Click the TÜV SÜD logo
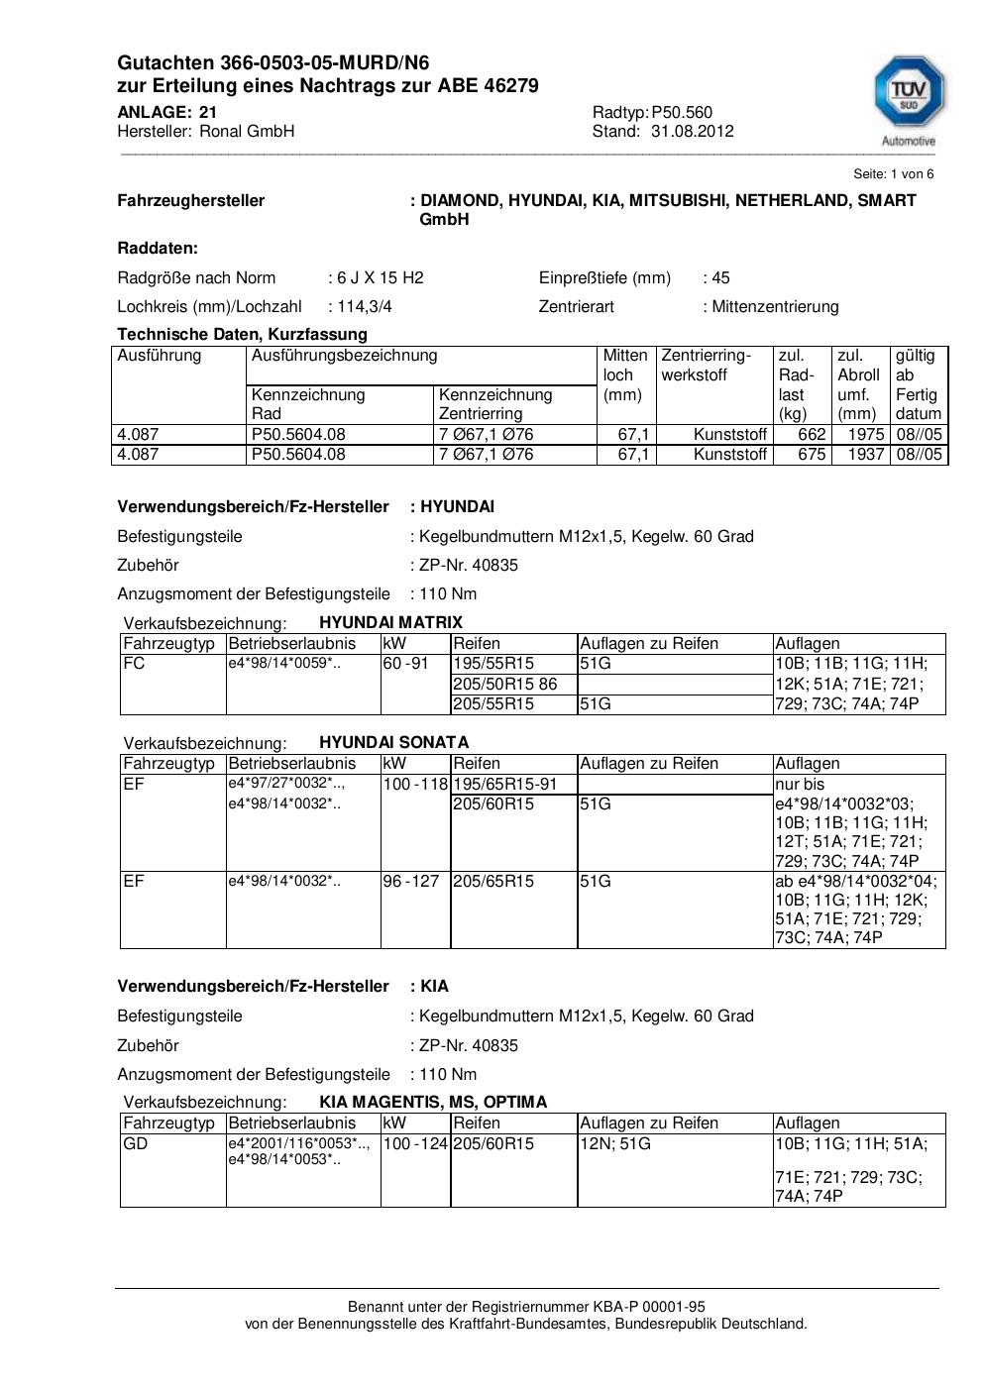[x=908, y=96]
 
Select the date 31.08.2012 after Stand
[x=692, y=132]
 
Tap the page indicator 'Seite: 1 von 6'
[x=893, y=174]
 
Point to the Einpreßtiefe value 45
[x=720, y=278]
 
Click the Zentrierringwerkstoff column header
[x=706, y=366]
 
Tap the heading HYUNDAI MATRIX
[x=390, y=623]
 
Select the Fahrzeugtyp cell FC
[x=134, y=664]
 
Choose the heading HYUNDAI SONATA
[x=393, y=743]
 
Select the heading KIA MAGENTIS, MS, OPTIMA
[x=433, y=1103]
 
